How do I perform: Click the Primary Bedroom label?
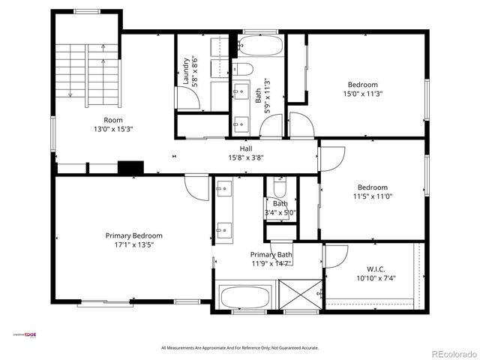pyautogui.click(x=133, y=235)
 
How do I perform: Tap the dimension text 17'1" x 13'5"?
pyautogui.click(x=133, y=244)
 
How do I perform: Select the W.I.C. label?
pyautogui.click(x=376, y=269)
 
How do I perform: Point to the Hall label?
pyautogui.click(x=245, y=149)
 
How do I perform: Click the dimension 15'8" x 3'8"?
pyautogui.click(x=245, y=158)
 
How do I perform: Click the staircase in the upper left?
pyautogui.click(x=86, y=71)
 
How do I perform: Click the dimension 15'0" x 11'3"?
pyautogui.click(x=362, y=94)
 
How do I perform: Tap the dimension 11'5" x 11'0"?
pyautogui.click(x=372, y=196)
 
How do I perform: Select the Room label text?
pyautogui.click(x=113, y=120)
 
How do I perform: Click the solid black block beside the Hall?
pyautogui.click(x=130, y=168)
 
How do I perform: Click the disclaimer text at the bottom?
pyautogui.click(x=240, y=348)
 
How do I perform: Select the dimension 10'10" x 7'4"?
pyautogui.click(x=376, y=278)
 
